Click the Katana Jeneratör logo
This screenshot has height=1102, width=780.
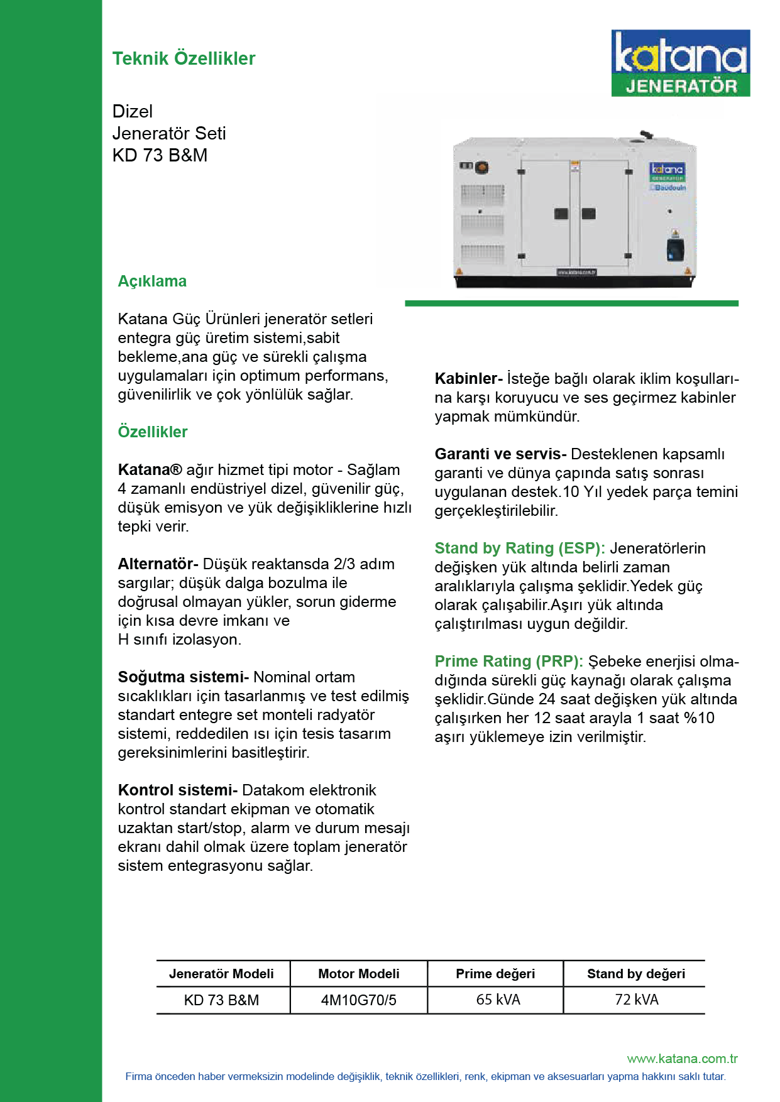(x=680, y=63)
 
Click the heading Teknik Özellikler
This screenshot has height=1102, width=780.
(x=184, y=58)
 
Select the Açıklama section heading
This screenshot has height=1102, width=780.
(x=152, y=281)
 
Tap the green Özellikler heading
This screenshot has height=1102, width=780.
(x=153, y=432)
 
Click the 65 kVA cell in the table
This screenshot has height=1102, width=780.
(x=498, y=1000)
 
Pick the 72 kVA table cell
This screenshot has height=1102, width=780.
(x=636, y=1000)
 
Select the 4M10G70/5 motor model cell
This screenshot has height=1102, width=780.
(x=358, y=1000)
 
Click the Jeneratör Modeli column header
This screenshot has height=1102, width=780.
(x=221, y=974)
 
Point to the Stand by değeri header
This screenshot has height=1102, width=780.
(x=636, y=974)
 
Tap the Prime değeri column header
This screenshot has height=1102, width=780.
(x=495, y=974)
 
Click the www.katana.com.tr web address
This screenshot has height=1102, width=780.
(x=682, y=1059)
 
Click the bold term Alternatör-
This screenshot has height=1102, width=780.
(x=158, y=564)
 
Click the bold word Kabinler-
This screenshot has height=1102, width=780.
(x=468, y=378)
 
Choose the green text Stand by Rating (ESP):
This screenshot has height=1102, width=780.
(x=520, y=548)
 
